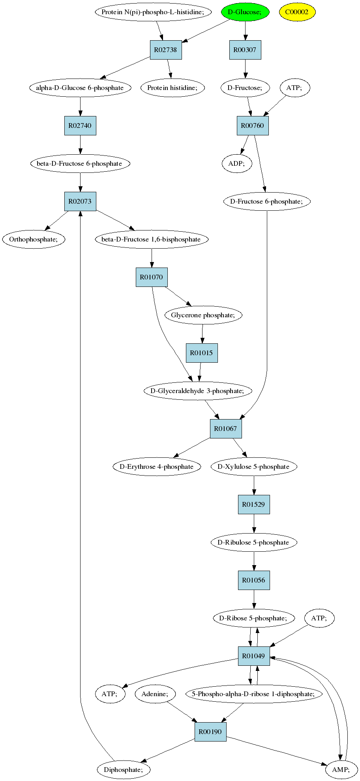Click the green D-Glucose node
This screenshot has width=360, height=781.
pos(245,12)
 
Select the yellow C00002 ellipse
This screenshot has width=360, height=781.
pos(297,12)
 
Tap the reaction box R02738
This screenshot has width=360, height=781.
pos(166,50)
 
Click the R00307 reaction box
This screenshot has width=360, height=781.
pos(245,50)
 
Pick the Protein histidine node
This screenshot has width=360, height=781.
pos(172,88)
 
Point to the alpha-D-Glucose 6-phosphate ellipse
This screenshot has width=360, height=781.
pos(80,88)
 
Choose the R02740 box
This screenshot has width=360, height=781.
pos(80,125)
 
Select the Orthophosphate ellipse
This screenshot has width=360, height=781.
pos(34,239)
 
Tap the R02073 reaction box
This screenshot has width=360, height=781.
pos(80,201)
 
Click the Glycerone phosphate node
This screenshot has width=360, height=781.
pos(203,315)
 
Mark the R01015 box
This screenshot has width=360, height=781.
pos(202,353)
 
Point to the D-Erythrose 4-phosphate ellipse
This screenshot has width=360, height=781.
pos(157,466)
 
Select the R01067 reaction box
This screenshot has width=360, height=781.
pos(226,429)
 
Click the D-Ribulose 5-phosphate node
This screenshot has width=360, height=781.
pos(254,542)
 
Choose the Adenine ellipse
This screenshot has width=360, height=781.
pos(155,694)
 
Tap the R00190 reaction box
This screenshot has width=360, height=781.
pos(210,732)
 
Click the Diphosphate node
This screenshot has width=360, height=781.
pos(124,770)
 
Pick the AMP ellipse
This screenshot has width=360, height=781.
pos(341,770)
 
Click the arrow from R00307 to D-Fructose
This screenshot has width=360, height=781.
pos(245,69)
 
